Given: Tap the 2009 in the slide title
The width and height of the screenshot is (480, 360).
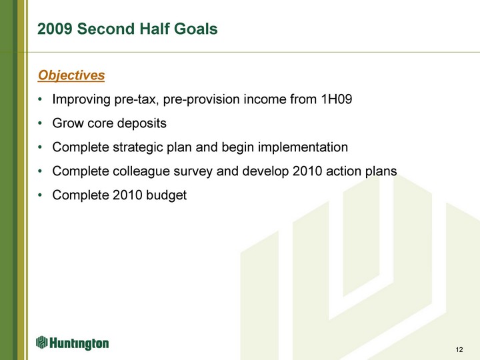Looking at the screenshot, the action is click(55, 29).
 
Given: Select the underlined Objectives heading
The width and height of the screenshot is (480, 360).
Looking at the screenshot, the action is click(71, 75).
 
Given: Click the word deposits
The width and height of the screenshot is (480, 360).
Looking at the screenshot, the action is click(142, 123).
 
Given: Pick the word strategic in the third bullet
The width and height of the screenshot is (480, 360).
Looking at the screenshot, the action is click(137, 147).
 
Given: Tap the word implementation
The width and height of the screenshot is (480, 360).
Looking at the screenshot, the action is click(303, 147).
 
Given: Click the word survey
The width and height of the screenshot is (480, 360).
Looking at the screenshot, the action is click(193, 172).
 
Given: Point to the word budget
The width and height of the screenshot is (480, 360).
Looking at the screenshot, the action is click(166, 195).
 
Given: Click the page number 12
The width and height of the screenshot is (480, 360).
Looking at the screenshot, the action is click(459, 349).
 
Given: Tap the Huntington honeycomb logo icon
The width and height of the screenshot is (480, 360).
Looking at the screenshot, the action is click(41, 342).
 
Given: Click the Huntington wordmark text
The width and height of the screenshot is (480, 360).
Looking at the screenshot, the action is click(79, 343).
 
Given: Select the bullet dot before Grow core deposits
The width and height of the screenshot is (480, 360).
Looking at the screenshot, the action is click(40, 123).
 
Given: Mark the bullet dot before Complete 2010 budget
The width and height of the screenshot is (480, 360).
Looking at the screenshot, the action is click(40, 195).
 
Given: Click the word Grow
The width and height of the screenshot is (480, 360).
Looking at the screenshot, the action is click(68, 123).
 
